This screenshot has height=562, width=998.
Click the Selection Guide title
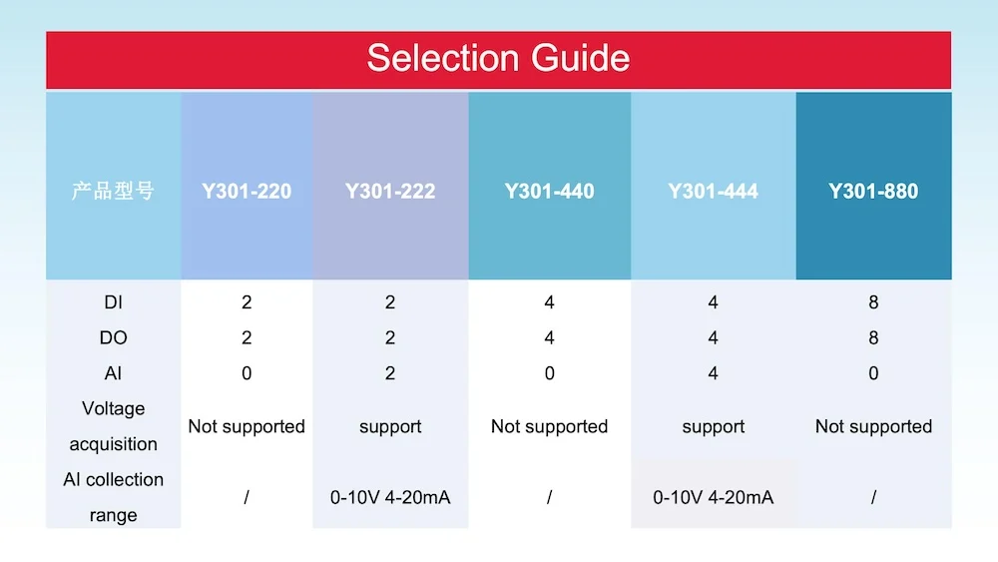coord(498,58)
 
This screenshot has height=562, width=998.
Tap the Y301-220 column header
coord(247,191)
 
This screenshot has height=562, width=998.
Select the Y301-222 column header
coord(390,191)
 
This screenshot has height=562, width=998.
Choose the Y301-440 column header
coord(549,191)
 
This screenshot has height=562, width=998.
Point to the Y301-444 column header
coord(713,191)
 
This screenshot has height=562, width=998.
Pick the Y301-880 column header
coord(873,191)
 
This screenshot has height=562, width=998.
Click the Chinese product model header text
coord(113,191)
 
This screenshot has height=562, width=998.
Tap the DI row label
coord(113,301)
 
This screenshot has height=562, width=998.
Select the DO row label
coord(113,337)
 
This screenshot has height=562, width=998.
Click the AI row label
coord(113,373)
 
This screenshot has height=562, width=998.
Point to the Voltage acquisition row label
coord(113,426)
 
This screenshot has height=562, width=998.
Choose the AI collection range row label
coord(113,497)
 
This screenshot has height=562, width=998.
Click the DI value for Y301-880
coord(873,301)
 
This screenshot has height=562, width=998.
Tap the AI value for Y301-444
coord(713,373)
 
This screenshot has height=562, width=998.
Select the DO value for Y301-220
coord(247,337)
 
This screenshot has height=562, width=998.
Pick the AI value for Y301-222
coord(390,373)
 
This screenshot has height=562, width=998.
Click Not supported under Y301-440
coord(549,426)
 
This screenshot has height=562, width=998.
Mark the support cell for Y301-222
coord(390,426)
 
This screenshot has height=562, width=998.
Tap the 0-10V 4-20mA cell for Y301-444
coord(713,497)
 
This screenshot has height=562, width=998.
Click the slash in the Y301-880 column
coord(873,497)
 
